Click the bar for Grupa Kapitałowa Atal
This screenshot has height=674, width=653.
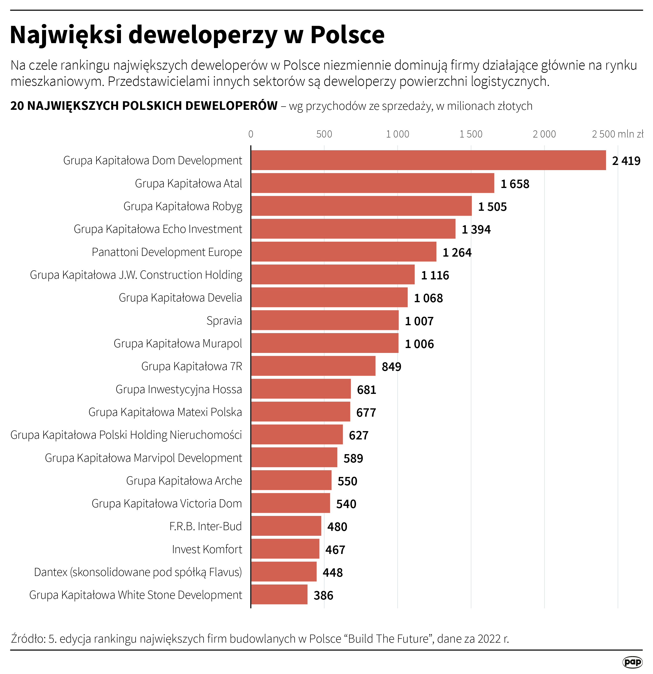click(373, 183)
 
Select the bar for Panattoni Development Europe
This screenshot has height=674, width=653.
click(344, 252)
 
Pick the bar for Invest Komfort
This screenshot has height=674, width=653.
click(285, 549)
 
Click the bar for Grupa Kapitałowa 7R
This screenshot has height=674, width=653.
click(313, 366)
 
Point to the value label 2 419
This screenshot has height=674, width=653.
click(626, 161)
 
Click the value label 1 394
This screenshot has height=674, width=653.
click(476, 229)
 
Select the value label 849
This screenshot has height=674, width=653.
click(391, 367)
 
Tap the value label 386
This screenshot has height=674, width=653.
click(323, 595)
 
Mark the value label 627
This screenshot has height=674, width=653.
click(358, 435)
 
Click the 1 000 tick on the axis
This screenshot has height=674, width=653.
click(397, 134)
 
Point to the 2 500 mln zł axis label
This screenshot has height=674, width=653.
click(617, 134)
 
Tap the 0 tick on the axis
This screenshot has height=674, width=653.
click(251, 134)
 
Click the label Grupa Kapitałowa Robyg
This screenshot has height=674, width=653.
click(183, 206)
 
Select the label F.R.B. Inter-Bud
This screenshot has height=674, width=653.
click(205, 526)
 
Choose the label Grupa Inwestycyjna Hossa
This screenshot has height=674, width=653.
click(179, 389)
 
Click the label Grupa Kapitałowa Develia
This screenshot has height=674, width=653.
click(180, 298)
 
